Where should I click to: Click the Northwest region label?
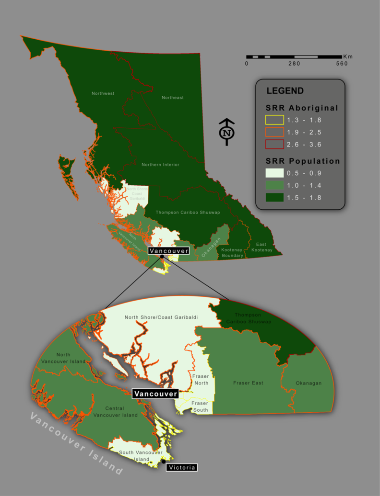103,93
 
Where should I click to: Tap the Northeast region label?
172,98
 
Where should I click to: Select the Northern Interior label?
160,165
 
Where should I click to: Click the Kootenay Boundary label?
232,252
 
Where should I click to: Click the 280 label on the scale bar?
294,64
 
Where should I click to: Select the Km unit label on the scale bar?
348,56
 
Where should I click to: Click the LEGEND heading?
285,91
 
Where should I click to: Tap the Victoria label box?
181,467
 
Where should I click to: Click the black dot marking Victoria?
164,462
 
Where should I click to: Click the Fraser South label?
200,406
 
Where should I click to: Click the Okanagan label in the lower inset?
309,383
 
